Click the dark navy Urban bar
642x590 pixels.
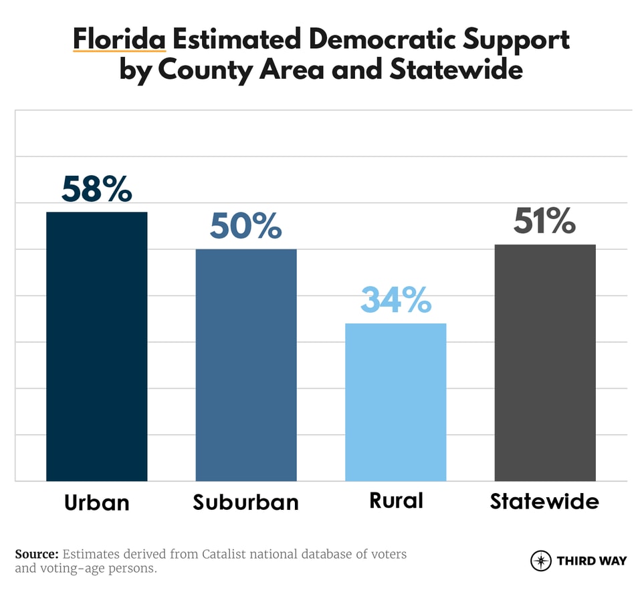pos(96,346)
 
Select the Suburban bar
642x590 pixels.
pos(245,365)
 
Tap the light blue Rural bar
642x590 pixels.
pos(395,402)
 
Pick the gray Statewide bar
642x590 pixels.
pos(545,362)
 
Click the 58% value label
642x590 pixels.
pos(96,189)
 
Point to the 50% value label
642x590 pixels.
pos(245,227)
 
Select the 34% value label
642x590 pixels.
pos(395,300)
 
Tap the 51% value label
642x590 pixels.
pos(544,221)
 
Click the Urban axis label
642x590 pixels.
pos(96,502)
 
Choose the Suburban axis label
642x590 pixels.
pos(245,502)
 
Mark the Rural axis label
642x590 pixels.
pos(396,500)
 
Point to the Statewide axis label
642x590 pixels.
pos(544,501)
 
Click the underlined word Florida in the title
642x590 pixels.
pos(119,39)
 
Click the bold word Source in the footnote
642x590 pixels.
pos(37,554)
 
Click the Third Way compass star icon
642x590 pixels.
pos(540,561)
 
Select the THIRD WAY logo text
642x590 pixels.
pos(591,561)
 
